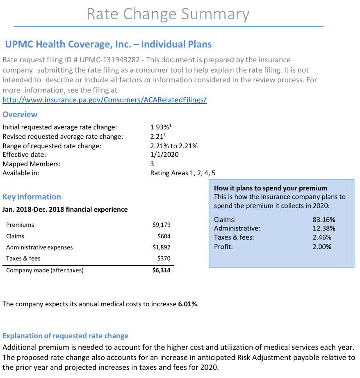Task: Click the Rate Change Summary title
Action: pos(168,14)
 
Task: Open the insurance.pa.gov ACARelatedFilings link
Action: pos(105,100)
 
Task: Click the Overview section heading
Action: pos(20,114)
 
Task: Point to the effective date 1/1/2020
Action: pos(164,154)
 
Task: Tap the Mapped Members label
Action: pos(31,164)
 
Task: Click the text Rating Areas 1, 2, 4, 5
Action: pos(183,173)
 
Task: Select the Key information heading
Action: pos(32,197)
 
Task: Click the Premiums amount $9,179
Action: pos(161,225)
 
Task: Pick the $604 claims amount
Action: pos(164,236)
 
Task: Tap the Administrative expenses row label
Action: pos(39,247)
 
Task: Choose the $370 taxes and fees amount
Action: pos(164,258)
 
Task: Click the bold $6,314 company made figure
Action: pos(161,270)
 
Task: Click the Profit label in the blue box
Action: pos(223,247)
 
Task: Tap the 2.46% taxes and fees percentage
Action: pos(322,238)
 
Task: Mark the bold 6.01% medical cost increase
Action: pos(188,304)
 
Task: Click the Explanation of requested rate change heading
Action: pos(65,336)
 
